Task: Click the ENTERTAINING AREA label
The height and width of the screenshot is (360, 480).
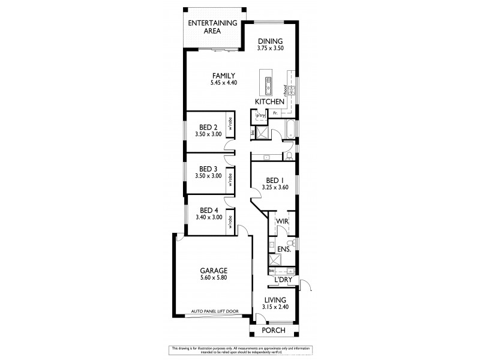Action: (212, 26)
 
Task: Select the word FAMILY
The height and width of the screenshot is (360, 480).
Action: (220, 75)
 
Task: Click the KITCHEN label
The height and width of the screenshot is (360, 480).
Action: (269, 102)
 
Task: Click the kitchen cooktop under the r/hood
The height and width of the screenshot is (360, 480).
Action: (290, 91)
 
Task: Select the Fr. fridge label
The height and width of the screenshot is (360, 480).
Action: (275, 113)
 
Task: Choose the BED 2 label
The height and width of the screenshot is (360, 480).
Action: (208, 127)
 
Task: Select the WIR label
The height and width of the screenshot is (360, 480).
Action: (281, 221)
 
